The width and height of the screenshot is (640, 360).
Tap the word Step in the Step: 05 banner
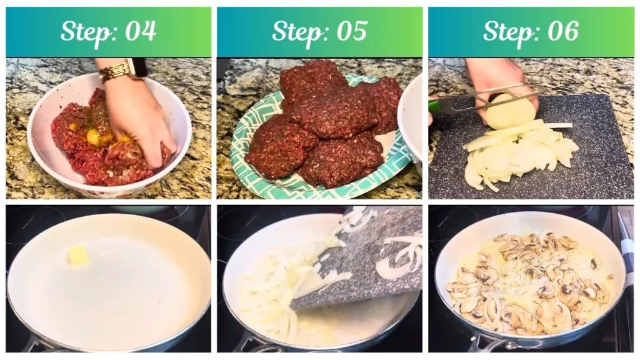[x=296, y=31]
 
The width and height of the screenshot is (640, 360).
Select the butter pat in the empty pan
[x=78, y=255]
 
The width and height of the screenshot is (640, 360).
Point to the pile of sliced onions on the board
[x=519, y=153]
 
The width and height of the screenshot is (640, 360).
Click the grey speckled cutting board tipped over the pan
[x=369, y=262]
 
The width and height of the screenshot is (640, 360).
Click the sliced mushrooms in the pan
[x=525, y=281]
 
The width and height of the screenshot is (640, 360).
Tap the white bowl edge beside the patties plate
[x=410, y=119]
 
